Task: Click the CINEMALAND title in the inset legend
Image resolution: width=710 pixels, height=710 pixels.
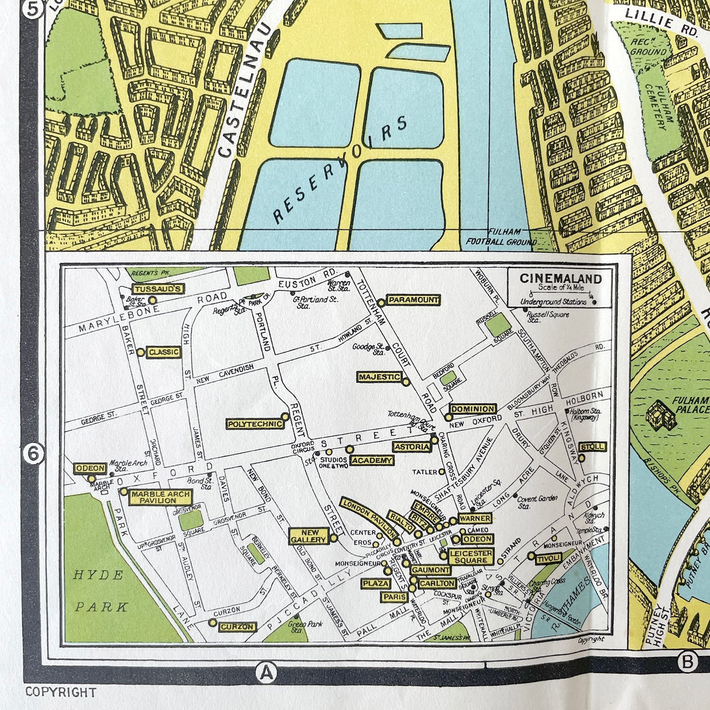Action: click(x=561, y=279)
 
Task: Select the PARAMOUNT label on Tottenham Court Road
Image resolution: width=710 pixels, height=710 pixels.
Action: click(x=413, y=300)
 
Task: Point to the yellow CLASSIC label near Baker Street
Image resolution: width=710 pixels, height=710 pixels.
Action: click(x=164, y=352)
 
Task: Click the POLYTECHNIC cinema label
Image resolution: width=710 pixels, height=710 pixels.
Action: click(x=255, y=424)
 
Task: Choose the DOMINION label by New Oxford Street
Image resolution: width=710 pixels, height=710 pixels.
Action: click(x=473, y=409)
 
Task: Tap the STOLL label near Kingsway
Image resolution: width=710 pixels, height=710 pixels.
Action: click(x=593, y=447)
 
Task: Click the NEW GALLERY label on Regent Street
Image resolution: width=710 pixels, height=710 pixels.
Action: click(x=308, y=536)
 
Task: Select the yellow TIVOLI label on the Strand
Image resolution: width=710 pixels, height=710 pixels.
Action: click(x=549, y=558)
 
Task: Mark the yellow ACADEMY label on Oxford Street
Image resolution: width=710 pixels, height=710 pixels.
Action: click(x=372, y=460)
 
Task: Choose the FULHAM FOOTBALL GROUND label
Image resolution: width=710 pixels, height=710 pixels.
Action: click(x=501, y=237)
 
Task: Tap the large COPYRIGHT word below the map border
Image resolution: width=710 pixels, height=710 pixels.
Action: click(x=60, y=692)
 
